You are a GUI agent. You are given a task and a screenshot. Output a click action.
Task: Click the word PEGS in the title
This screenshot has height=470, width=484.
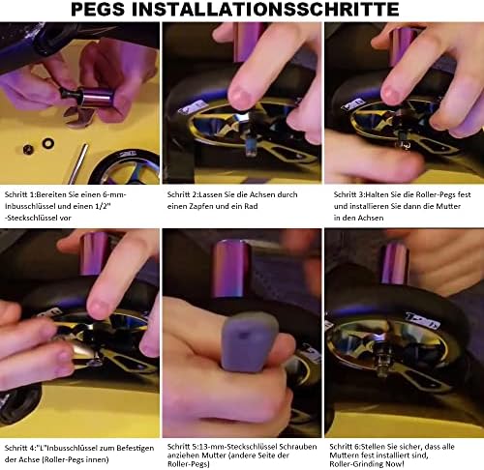pyautogui.click(x=98, y=9)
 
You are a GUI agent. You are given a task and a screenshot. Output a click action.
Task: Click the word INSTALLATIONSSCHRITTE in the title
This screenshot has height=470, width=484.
pyautogui.click(x=265, y=9)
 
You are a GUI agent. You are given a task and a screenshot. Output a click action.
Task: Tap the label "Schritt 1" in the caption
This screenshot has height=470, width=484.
pyautogui.click(x=19, y=194)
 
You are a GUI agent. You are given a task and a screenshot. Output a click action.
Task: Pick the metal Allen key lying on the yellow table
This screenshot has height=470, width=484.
pyautogui.click(x=77, y=163)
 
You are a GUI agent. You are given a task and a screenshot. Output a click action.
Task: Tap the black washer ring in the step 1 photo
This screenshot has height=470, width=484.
pyautogui.click(x=48, y=143)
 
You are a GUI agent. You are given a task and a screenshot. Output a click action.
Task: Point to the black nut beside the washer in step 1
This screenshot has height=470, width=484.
pyautogui.click(x=28, y=149)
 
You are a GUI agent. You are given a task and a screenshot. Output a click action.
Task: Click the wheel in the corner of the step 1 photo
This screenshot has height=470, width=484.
pyautogui.click(x=129, y=167)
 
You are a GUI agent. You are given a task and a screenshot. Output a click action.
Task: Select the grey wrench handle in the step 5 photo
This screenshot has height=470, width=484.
pyautogui.click(x=249, y=341)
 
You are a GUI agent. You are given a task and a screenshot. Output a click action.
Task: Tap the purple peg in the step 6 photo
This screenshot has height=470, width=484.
pyautogui.click(x=395, y=264)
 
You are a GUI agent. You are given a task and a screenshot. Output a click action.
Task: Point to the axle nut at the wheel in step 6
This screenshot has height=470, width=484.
pyautogui.click(x=382, y=366)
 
